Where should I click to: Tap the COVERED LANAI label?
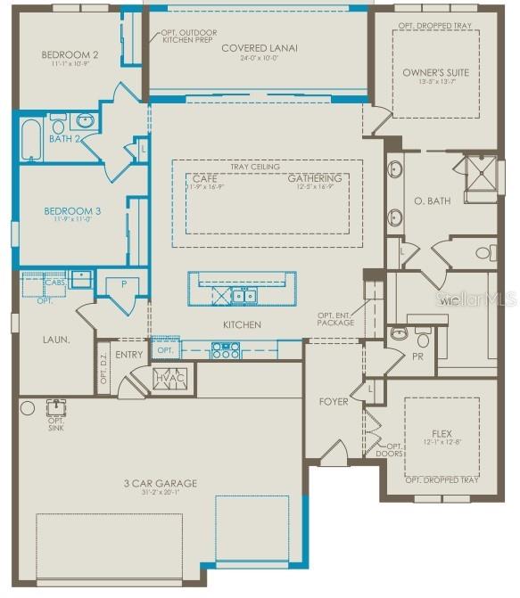click(260, 48)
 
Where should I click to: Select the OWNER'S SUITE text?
click(435, 71)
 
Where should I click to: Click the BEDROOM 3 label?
click(72, 211)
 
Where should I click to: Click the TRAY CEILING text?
click(255, 167)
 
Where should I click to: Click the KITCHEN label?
click(242, 325)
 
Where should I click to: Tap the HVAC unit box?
click(169, 378)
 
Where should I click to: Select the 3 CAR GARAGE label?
click(161, 484)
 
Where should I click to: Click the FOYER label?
click(334, 402)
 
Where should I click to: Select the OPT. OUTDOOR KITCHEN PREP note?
click(187, 37)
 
